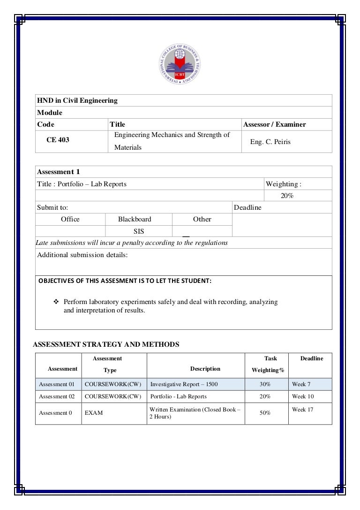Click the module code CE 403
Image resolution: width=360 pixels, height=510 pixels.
[57, 140]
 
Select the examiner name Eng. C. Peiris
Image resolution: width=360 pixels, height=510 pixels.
[270, 142]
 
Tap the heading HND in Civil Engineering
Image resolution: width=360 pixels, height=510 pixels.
[77, 100]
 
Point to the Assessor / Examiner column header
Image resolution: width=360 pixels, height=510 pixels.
[274, 124]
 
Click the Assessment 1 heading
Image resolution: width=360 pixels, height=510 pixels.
[58, 172]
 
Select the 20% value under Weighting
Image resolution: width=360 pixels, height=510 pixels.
[287, 196]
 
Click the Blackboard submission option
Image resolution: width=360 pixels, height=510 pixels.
[135, 219]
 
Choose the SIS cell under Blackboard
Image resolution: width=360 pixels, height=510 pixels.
[139, 231]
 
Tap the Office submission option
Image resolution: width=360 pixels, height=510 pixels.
[70, 219]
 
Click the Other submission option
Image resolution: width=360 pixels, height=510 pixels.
[202, 219]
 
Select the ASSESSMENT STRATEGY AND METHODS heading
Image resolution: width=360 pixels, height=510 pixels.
[106, 344]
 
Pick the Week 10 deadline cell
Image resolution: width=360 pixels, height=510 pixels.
[303, 396]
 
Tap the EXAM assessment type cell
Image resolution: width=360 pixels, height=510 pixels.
[94, 413]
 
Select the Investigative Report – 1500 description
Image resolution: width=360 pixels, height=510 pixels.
[184, 384]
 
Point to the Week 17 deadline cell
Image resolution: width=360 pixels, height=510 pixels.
[303, 410]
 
